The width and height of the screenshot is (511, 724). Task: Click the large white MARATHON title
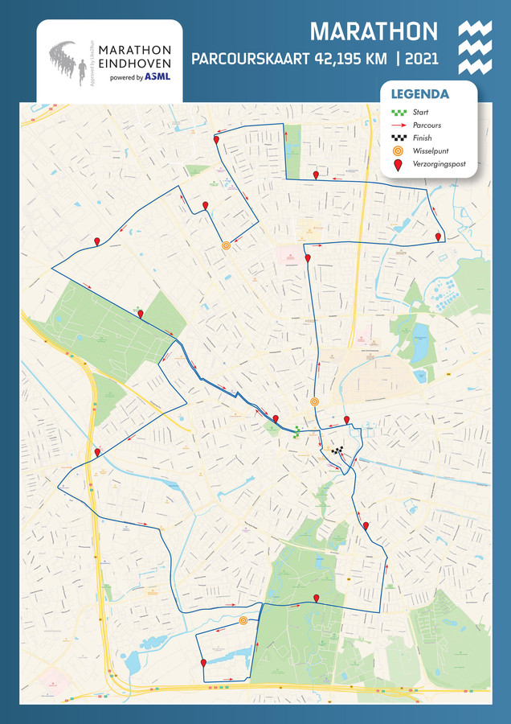click(374, 31)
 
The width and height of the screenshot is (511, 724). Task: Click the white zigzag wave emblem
click(474, 47)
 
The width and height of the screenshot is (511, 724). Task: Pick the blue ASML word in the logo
click(157, 77)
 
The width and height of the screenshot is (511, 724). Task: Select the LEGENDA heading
click(419, 94)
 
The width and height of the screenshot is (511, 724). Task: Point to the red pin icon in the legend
click(397, 164)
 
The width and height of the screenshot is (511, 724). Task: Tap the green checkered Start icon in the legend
click(397, 113)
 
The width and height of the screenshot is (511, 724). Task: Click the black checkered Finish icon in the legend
click(397, 138)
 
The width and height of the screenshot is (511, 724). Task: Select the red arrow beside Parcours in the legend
click(397, 125)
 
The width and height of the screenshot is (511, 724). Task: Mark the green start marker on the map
click(296, 432)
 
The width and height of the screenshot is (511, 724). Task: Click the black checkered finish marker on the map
click(337, 451)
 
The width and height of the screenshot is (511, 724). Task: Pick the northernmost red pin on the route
click(216, 140)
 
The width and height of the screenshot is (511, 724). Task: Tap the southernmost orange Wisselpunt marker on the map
click(243, 620)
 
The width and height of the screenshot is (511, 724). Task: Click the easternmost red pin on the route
click(438, 237)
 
